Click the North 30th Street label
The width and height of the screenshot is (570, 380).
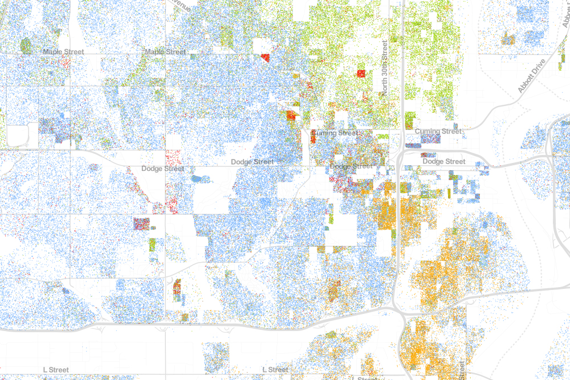pos(385,68)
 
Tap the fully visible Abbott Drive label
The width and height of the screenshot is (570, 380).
pos(532,75)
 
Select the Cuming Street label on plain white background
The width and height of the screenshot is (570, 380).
pos(438,132)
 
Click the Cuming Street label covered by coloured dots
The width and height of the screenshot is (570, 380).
pos(335,133)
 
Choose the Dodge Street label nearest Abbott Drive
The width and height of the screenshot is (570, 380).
pos(444,162)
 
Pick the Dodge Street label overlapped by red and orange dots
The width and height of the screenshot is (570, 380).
pos(351,166)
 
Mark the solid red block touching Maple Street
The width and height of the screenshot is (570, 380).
pos(265,57)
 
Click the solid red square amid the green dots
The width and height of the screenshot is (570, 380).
pos(361,73)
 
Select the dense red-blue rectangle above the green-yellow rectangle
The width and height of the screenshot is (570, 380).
pos(141,223)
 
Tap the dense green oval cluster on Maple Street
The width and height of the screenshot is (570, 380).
pos(25,45)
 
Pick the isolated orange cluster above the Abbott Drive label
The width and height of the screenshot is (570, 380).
pos(507,39)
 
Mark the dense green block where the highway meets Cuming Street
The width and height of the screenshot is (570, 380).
pos(410,120)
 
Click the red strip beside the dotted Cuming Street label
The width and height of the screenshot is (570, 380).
pos(313,138)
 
